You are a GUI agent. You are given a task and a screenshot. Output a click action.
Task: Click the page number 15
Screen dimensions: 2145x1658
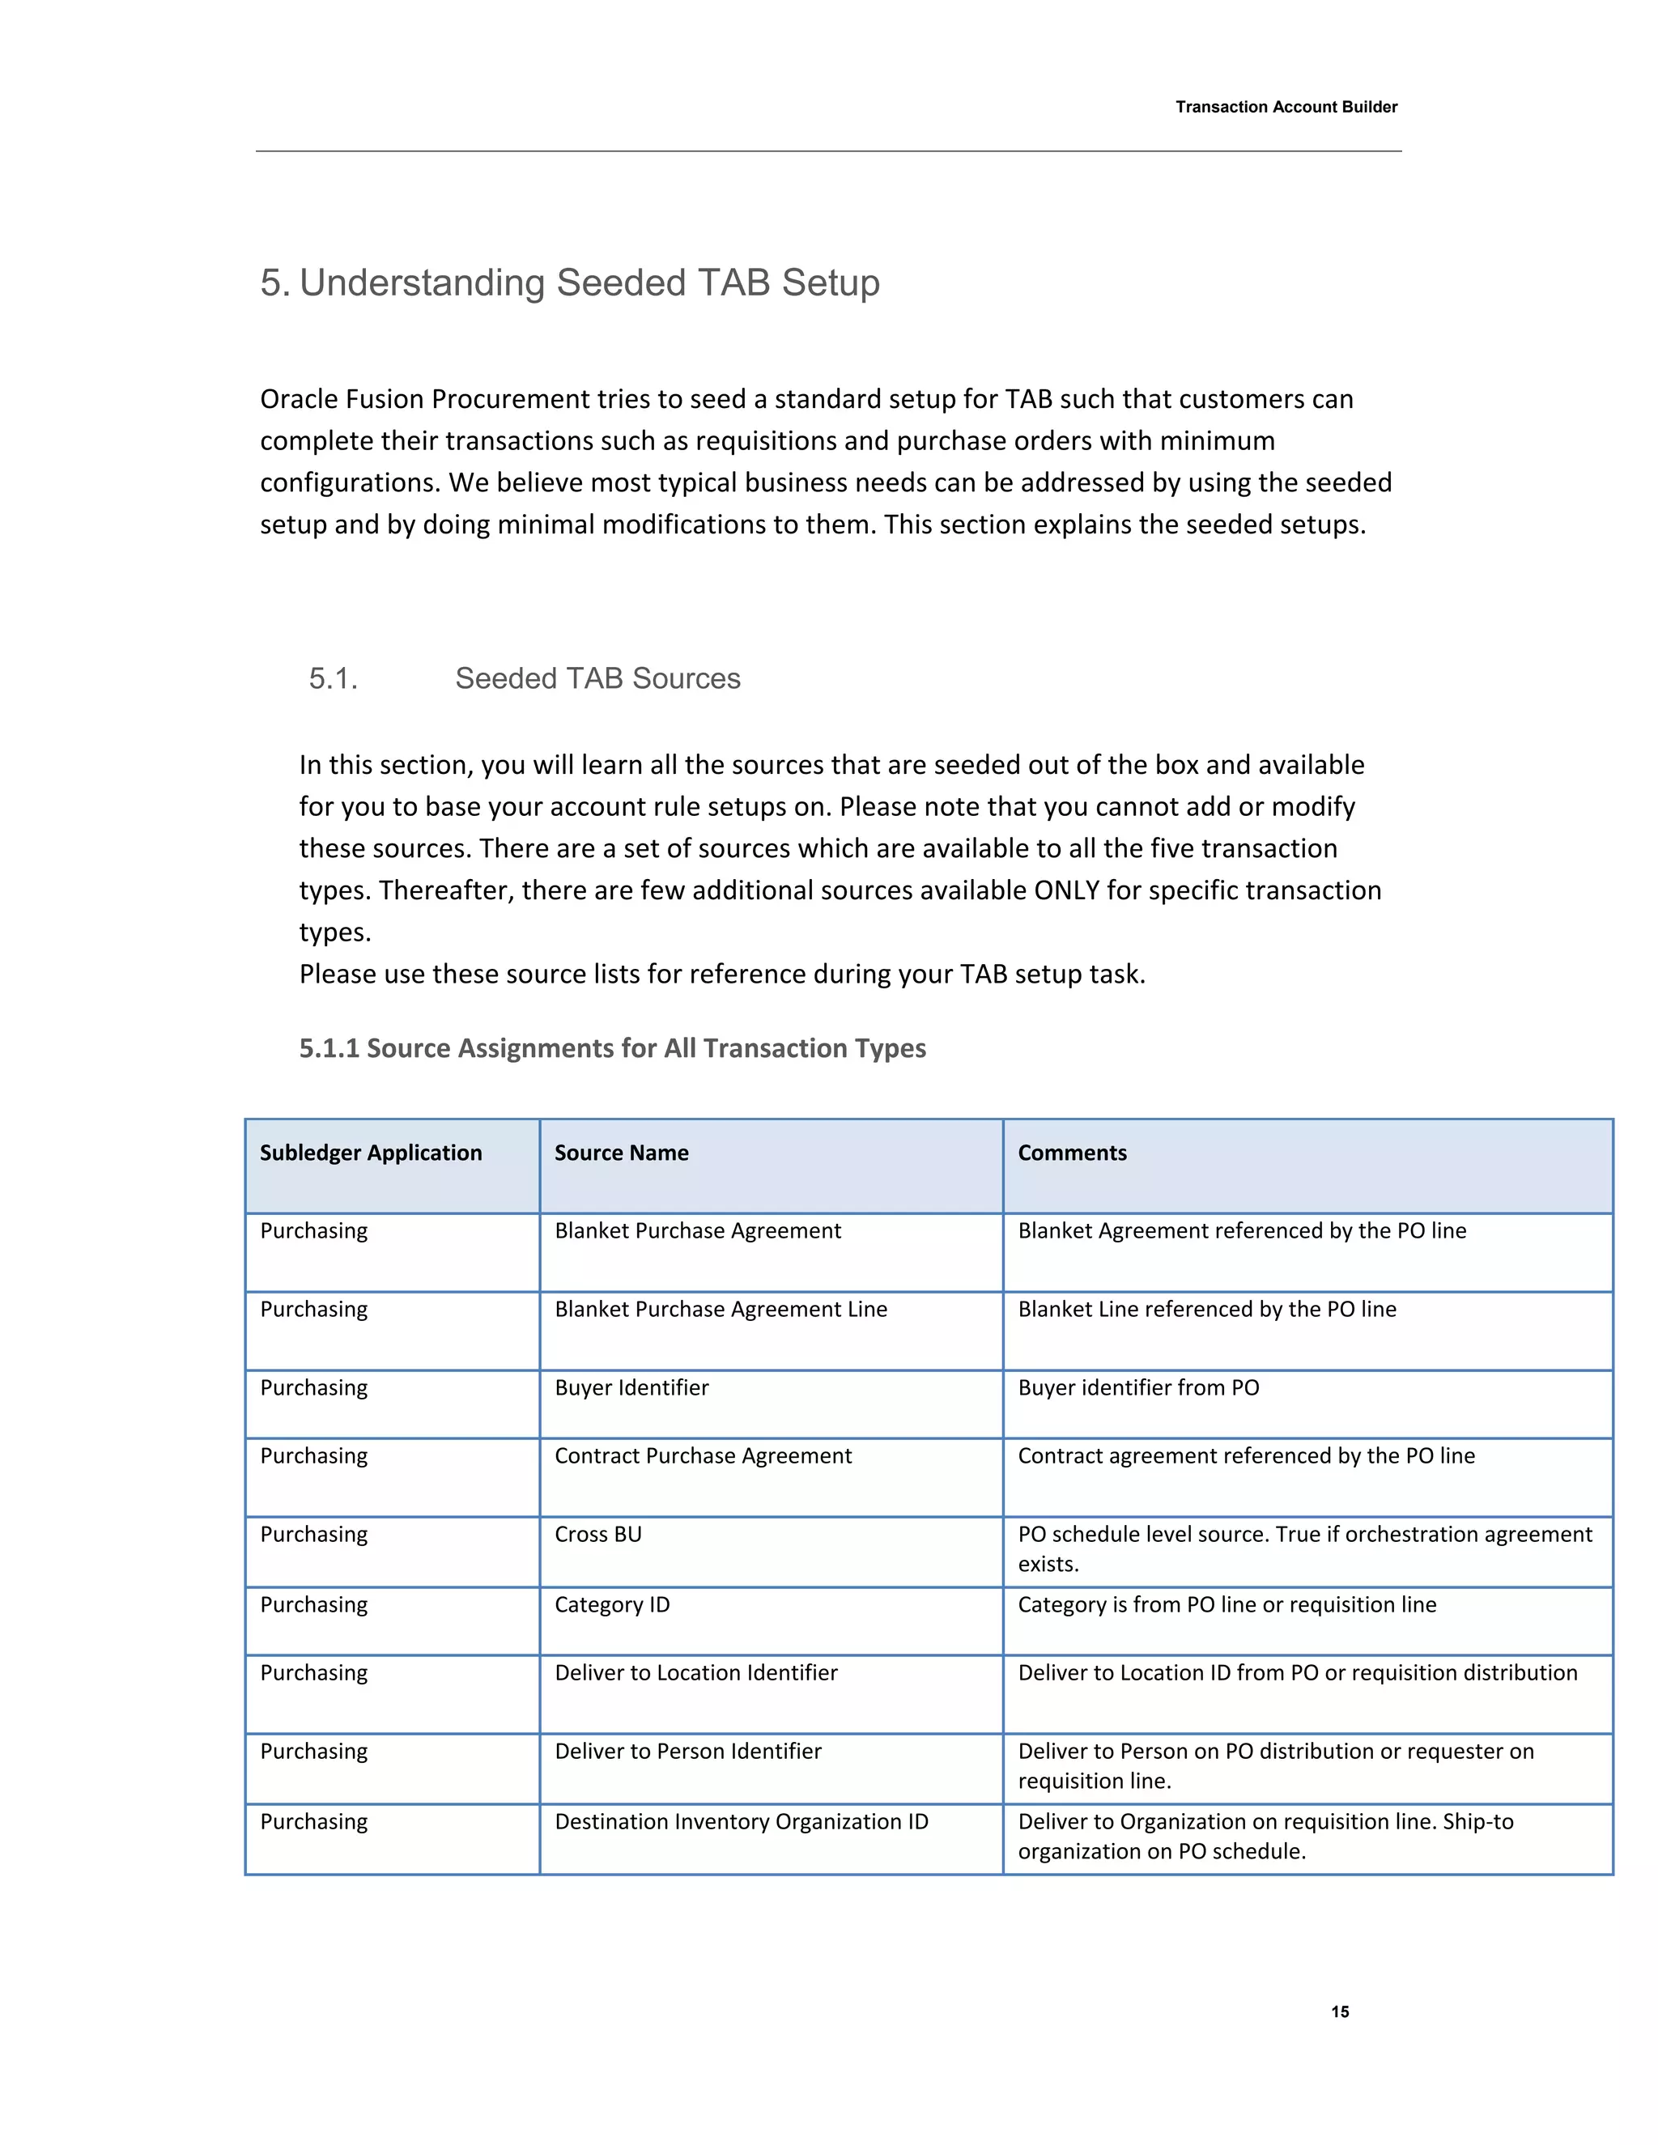pos(1340,2011)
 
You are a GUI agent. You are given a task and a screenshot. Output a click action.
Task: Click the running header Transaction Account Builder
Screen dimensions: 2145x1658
pos(1286,107)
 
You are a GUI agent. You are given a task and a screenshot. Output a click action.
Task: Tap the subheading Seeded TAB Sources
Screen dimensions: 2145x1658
pos(597,678)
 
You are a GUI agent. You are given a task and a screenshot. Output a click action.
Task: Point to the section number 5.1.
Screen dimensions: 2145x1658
pos(333,678)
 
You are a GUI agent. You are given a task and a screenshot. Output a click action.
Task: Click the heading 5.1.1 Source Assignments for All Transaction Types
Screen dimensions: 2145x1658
pos(612,1048)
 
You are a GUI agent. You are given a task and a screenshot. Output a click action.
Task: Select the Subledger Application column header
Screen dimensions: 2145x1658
pos(370,1153)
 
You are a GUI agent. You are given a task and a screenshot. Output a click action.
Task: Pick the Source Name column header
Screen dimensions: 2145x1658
pos(621,1153)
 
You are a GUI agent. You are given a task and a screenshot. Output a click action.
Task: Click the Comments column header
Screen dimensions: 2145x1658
pos(1072,1153)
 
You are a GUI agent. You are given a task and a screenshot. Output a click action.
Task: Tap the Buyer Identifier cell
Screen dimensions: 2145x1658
pos(631,1387)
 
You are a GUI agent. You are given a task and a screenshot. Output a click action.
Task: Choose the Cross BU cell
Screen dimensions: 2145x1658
pos(597,1534)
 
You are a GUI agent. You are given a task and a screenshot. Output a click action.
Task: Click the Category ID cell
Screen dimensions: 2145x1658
pos(612,1605)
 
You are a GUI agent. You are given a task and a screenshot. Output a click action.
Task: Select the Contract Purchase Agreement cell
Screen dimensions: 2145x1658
pos(704,1455)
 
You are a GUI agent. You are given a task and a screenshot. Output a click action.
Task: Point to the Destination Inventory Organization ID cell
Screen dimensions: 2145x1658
pos(742,1822)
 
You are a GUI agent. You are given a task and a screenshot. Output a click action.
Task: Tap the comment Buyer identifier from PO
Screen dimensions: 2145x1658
pos(1138,1387)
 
